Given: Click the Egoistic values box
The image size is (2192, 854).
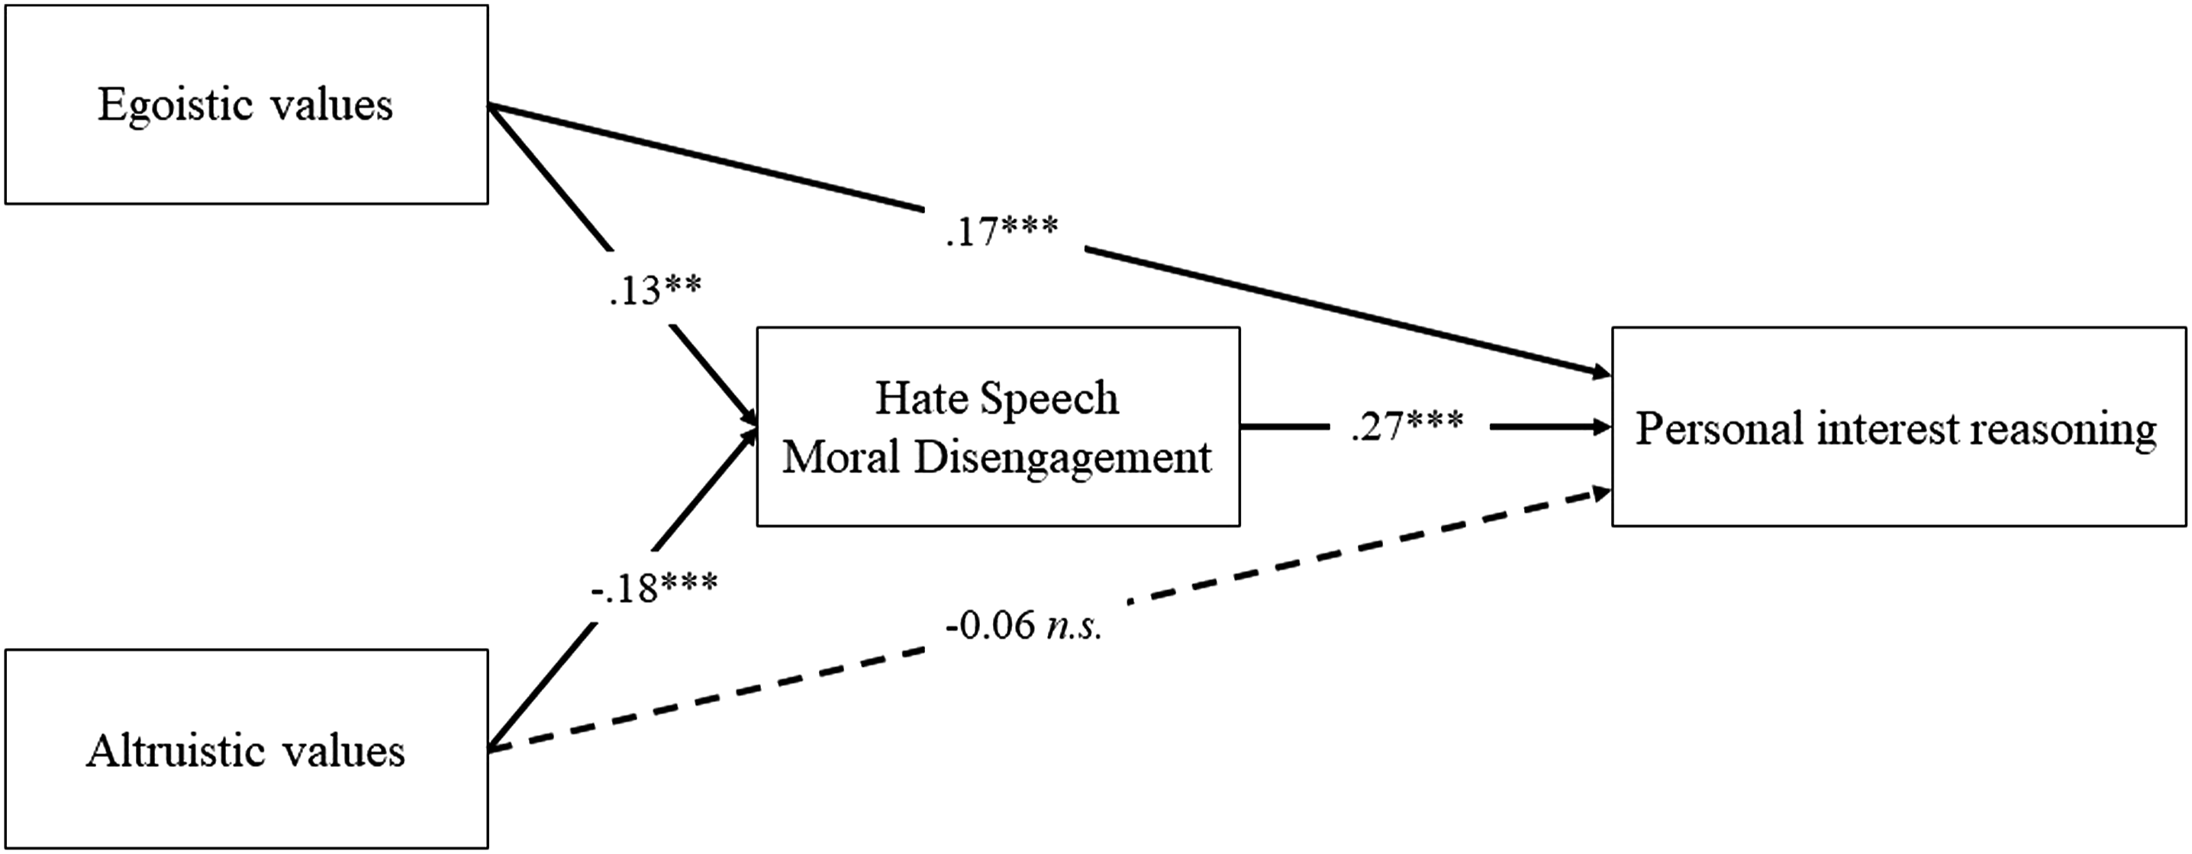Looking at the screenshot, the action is [247, 105].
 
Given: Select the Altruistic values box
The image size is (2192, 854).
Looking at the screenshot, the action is [247, 749].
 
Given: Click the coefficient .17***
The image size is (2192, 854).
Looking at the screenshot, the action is [1001, 231].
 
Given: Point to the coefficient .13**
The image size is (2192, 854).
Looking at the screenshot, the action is [655, 289].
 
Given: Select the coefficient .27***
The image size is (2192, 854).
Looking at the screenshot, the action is [1407, 425].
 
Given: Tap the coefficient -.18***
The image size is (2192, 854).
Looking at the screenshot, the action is [654, 587].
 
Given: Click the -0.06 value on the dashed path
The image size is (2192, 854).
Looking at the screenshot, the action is [991, 626].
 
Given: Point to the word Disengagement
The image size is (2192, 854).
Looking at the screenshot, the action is [1063, 459].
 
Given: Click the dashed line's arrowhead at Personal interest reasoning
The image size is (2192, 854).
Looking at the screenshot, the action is [1601, 492].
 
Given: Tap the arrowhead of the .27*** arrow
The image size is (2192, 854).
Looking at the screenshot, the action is [1602, 426].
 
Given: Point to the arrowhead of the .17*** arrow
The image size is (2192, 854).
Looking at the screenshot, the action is [1601, 372].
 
